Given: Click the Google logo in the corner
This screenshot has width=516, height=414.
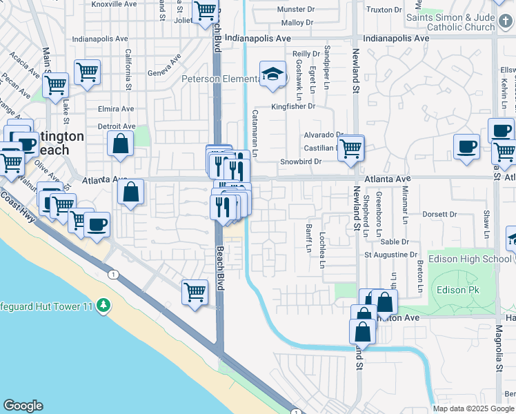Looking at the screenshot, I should (23, 406).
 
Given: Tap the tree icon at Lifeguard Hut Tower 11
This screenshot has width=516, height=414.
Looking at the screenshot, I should (103, 304).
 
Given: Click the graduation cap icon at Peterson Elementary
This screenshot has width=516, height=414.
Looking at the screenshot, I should (272, 74).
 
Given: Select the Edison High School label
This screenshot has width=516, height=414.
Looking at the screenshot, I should (470, 259).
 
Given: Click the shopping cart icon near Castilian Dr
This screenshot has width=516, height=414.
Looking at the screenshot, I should (351, 147).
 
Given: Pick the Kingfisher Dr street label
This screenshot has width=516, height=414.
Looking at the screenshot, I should (292, 106).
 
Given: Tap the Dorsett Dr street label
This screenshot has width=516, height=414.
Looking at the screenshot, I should (439, 215).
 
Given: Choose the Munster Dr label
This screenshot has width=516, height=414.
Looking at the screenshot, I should (295, 10).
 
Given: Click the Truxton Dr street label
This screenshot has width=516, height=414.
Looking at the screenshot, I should (384, 10).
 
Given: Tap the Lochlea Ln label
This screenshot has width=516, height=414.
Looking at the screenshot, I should (322, 249).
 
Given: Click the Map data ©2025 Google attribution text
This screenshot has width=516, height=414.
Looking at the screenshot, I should (473, 408).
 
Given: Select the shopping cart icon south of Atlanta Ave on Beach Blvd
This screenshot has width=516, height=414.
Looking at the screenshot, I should (195, 291).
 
